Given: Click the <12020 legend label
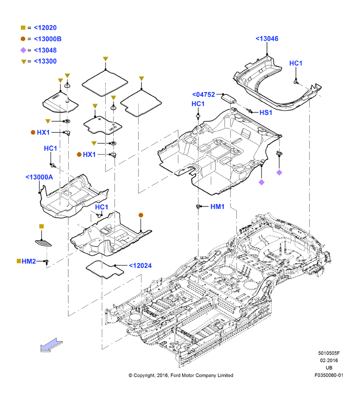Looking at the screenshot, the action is (45, 28).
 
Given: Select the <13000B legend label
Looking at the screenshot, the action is (47, 39).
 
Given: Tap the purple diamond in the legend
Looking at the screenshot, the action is (23, 50).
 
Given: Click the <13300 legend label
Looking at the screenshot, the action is (45, 61).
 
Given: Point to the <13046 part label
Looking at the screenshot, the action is (267, 39).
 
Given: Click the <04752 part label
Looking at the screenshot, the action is (203, 94).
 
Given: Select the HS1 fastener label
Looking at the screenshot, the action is (266, 112).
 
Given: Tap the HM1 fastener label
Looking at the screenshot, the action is (217, 206).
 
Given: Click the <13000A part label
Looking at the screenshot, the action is (39, 177).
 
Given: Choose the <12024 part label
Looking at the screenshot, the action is (141, 266).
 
